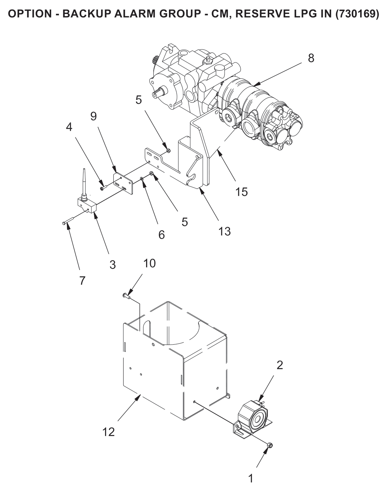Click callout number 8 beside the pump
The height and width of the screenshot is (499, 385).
(x=311, y=58)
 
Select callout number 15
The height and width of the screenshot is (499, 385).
(x=241, y=192)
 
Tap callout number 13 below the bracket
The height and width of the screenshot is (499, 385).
(x=224, y=231)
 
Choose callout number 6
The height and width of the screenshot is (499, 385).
(x=162, y=235)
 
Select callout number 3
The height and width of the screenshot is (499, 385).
(x=113, y=265)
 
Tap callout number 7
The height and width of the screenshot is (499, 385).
(x=82, y=281)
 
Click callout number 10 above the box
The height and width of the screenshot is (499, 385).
(x=149, y=263)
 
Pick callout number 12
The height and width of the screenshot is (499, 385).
(x=108, y=432)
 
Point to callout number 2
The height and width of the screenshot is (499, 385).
(x=280, y=365)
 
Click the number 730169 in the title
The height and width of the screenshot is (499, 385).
(x=357, y=14)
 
